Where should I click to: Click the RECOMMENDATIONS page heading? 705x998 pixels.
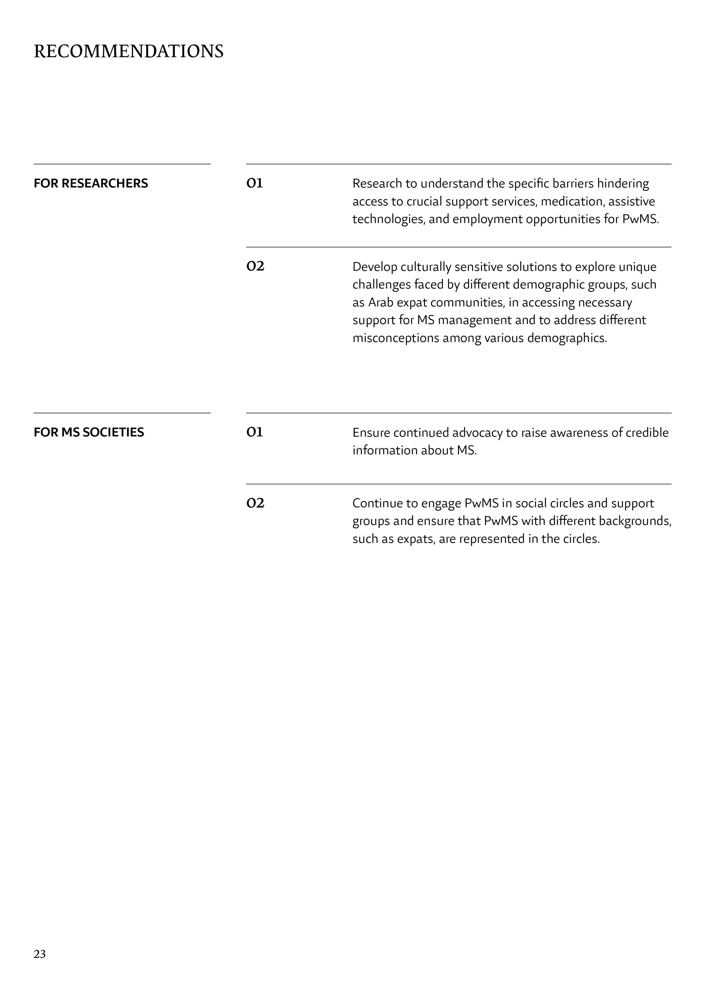128,51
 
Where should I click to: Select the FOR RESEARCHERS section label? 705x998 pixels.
91,183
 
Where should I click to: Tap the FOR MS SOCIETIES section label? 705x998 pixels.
89,432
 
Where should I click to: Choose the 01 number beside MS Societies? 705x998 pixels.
254,432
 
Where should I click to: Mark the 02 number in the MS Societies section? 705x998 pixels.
255,503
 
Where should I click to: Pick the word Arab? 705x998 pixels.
381,302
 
